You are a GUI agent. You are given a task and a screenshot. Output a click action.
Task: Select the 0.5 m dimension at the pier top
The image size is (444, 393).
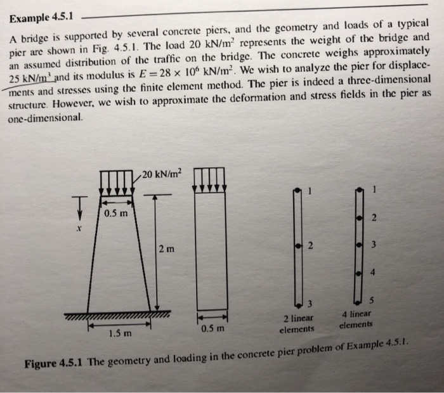pyautogui.click(x=116, y=212)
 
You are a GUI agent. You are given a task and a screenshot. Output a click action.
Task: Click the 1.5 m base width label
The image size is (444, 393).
pyautogui.click(x=120, y=332)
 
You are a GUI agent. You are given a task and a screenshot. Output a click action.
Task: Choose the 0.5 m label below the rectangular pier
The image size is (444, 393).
pyautogui.click(x=212, y=329)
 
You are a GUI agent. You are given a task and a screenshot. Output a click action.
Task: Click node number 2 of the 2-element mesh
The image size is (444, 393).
pyautogui.click(x=310, y=245)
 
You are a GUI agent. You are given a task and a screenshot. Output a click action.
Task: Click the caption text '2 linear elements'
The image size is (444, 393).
pyautogui.click(x=298, y=323)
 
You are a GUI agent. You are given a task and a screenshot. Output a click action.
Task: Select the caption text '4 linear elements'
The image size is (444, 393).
pyautogui.click(x=356, y=319)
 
